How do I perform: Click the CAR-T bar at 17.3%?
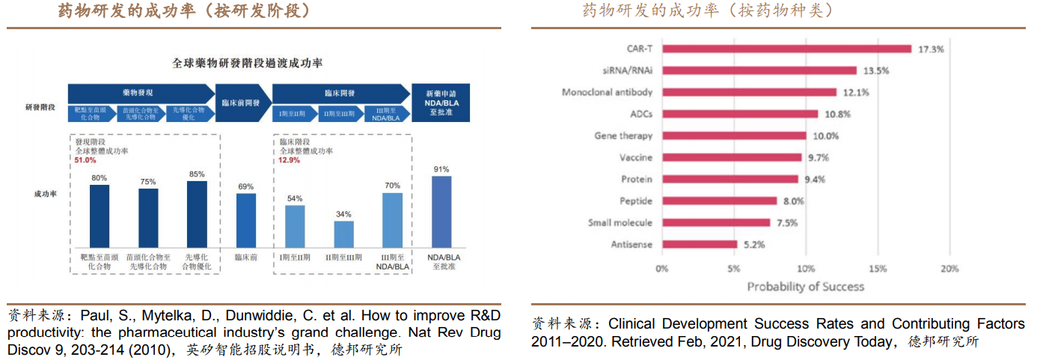point(786,49)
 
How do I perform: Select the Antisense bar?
point(700,244)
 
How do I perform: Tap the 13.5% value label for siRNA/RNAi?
point(876,71)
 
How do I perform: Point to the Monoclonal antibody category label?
point(607,92)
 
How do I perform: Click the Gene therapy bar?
point(734,135)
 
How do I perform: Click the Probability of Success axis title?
point(805,287)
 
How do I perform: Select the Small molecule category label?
point(620,222)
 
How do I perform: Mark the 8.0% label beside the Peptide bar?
point(793,201)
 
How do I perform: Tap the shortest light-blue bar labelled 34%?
point(343,234)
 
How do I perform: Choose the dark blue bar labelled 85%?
point(197,214)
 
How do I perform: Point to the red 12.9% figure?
point(289,160)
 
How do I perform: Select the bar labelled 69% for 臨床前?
point(246,220)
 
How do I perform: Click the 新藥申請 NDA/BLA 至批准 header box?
point(441,103)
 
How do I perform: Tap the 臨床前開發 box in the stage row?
point(240,103)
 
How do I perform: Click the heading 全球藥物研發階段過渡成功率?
point(248,64)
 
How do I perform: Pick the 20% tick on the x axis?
point(949,269)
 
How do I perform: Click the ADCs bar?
point(738,114)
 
